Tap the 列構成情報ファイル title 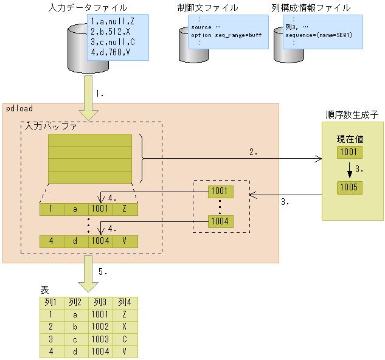tap(311, 8)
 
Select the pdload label tap(19, 109)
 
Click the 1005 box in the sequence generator tap(350, 187)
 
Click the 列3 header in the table tap(100, 302)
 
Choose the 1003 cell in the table tap(100, 339)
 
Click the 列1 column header tap(50, 302)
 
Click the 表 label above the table tap(44, 291)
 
